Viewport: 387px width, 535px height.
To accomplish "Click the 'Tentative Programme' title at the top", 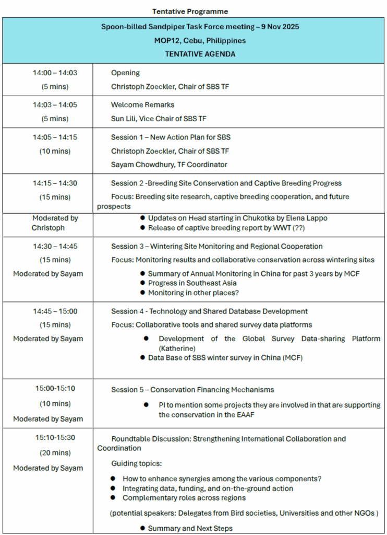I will click(190, 11).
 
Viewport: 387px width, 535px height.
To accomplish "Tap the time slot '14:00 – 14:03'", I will click(55, 73).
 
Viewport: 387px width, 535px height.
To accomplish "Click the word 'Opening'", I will click(125, 73).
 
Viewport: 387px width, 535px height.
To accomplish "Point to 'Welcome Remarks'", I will click(142, 105).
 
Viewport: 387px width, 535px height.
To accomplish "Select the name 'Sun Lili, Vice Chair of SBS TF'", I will click(159, 119).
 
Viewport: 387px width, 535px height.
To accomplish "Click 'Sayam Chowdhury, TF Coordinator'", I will click(169, 165).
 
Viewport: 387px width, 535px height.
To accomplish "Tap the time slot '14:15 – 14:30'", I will click(55, 183).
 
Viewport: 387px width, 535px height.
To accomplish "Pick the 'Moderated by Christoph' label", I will click(48, 223).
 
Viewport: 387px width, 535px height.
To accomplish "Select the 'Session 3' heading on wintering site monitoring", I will click(216, 247).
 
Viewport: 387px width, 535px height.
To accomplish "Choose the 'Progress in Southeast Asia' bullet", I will click(192, 283).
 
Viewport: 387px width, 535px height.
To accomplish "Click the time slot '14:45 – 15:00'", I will click(55, 311).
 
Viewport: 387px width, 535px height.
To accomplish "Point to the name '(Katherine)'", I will click(177, 348).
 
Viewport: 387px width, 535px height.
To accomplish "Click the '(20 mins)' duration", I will click(55, 453).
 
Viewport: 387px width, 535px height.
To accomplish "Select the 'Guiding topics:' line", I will click(136, 463).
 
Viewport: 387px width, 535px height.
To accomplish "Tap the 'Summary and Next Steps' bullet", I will click(190, 528).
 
